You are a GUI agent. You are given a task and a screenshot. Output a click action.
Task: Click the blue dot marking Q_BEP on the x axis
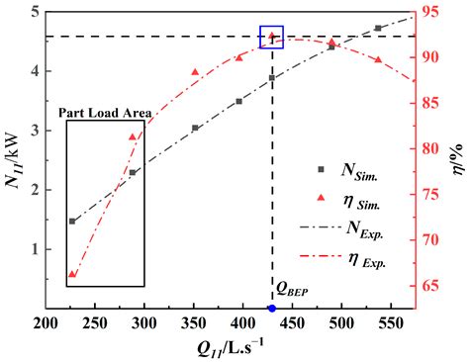[x=272, y=309]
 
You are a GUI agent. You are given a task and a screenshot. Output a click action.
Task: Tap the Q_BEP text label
[x=294, y=290]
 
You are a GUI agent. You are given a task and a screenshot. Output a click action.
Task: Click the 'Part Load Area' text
[x=105, y=112]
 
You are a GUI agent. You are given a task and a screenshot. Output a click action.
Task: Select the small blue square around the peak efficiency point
[x=271, y=37]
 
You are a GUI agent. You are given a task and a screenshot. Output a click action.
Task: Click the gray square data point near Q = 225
[x=72, y=222]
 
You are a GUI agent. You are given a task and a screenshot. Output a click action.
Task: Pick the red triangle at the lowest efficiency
[x=72, y=274]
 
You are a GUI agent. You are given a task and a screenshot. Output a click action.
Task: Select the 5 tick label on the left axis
[x=35, y=12]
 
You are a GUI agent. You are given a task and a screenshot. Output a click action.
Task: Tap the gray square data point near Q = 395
[x=238, y=101]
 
